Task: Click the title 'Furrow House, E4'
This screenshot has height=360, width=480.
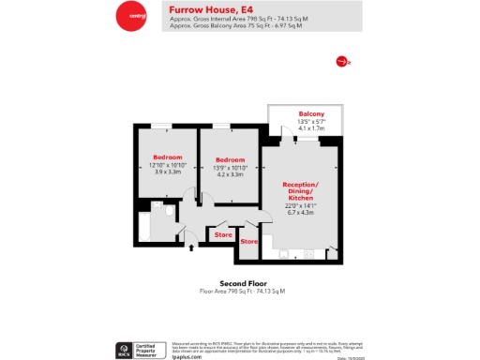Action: click(202, 8)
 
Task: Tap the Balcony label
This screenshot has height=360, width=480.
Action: click(311, 113)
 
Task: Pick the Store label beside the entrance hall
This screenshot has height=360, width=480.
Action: click(223, 233)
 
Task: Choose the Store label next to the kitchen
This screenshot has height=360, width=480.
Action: click(248, 242)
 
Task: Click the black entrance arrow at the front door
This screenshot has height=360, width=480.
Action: click(191, 247)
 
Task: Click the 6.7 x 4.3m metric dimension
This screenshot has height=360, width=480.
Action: click(301, 212)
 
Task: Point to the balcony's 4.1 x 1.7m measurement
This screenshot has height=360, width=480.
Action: click(311, 128)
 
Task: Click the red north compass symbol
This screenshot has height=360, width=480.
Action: click(341, 61)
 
